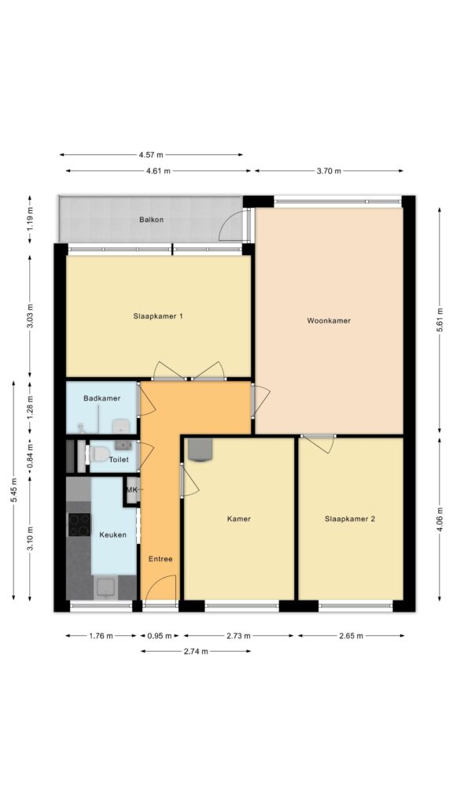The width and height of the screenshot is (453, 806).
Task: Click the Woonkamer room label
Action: [329, 321]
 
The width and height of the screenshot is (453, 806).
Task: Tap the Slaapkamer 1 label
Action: [158, 316]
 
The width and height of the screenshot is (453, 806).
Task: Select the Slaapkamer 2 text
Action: [350, 519]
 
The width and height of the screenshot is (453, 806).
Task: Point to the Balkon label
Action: [152, 220]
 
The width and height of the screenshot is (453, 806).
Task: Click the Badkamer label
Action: [102, 398]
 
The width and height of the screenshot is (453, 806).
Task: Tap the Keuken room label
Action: [113, 534]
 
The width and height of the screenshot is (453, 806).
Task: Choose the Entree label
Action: [160, 559]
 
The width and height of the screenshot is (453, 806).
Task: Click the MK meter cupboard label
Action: [132, 490]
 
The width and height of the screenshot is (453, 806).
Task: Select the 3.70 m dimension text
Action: [330, 171]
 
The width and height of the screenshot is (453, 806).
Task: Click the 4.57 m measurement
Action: [151, 154]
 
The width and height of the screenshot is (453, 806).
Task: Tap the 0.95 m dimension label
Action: [159, 636]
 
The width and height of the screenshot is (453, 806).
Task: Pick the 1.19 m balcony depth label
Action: [30, 220]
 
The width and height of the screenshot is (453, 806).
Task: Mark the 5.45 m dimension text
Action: [14, 490]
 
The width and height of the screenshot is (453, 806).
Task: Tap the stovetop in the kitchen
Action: [79, 523]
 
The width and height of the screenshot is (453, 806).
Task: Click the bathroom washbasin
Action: [121, 426]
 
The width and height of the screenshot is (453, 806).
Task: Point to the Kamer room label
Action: [239, 519]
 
